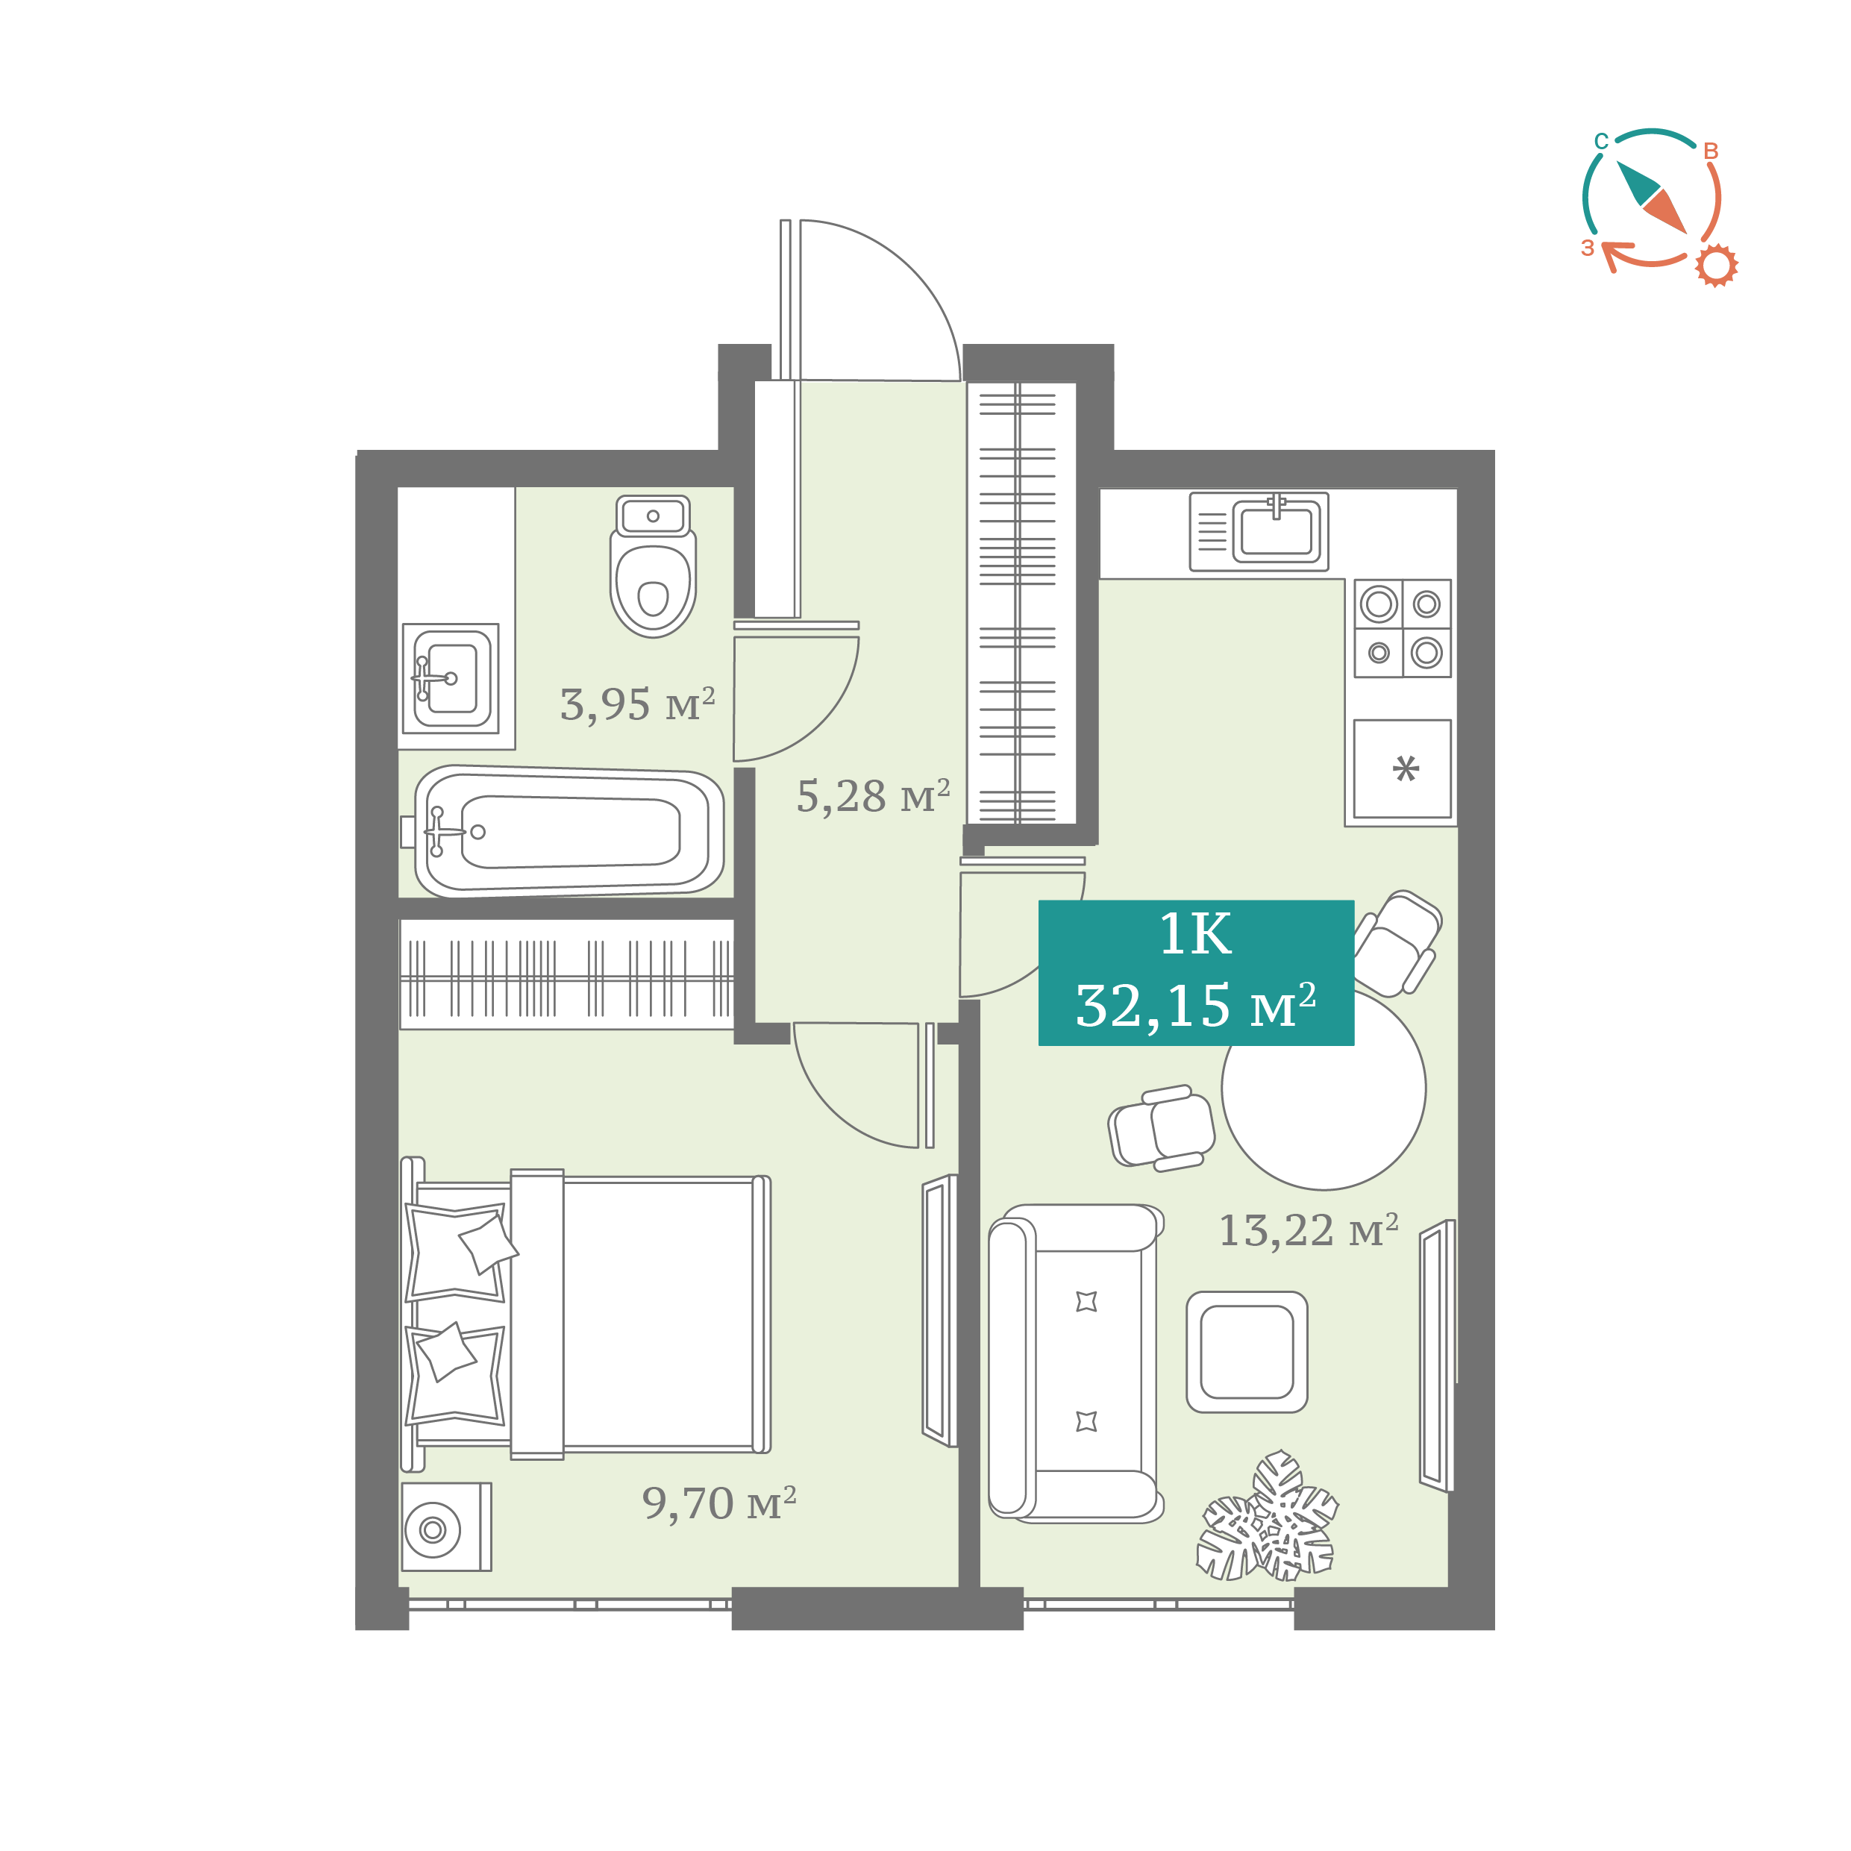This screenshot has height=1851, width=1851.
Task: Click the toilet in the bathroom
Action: click(x=653, y=566)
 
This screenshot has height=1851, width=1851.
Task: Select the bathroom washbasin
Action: click(x=451, y=677)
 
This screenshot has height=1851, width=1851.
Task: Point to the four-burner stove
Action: click(x=1403, y=628)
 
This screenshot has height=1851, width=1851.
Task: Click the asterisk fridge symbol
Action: click(x=1406, y=768)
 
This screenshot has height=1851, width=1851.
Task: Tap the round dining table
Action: click(x=1324, y=1089)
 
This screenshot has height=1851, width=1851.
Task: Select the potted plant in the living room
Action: click(x=1268, y=1518)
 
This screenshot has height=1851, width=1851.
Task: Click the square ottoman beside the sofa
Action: click(x=1247, y=1352)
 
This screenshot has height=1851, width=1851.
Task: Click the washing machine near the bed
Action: click(x=446, y=1527)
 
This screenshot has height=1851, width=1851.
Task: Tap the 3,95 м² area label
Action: click(x=637, y=704)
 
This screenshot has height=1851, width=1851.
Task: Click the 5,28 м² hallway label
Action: click(x=873, y=796)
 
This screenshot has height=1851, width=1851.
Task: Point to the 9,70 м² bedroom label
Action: click(x=719, y=1503)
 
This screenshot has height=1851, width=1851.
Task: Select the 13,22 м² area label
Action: click(x=1309, y=1230)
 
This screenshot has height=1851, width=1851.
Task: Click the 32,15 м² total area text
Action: click(x=1196, y=1006)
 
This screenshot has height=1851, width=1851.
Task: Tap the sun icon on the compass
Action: click(x=1717, y=266)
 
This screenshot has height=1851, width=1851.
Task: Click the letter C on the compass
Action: click(x=1601, y=142)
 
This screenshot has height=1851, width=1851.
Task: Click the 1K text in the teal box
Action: click(x=1196, y=934)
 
